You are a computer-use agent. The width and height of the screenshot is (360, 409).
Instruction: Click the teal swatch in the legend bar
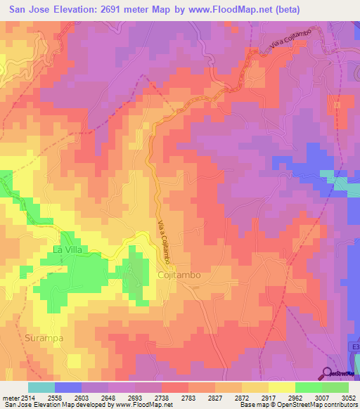41,387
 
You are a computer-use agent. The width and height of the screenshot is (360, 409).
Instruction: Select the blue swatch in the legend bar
68,387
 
